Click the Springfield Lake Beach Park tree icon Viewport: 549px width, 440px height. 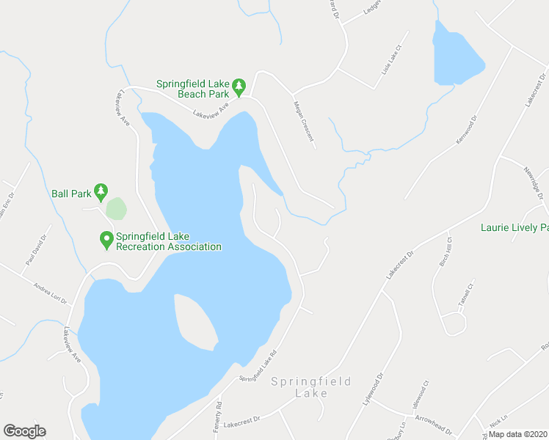point(239,87)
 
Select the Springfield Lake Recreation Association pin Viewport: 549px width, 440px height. point(106,240)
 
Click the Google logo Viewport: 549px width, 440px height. point(24,431)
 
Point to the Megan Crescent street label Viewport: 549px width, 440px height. point(304,121)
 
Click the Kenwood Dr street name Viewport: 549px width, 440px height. point(467,129)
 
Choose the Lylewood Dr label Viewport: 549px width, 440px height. point(374,391)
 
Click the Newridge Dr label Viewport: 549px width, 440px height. point(531,180)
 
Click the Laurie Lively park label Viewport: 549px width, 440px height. point(515,228)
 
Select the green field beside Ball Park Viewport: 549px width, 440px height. point(116,208)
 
